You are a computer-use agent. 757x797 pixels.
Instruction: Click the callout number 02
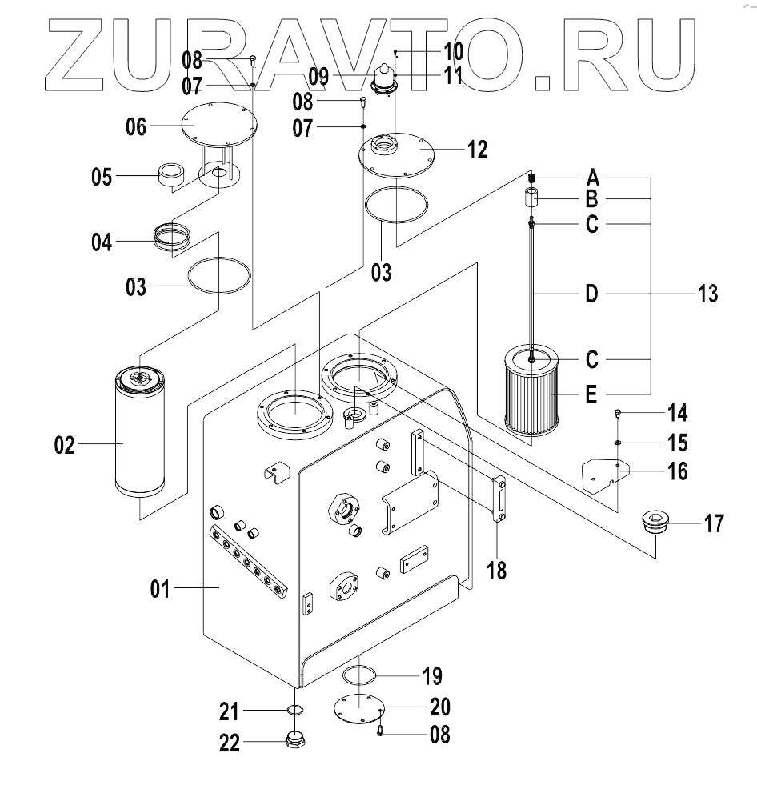tap(64, 445)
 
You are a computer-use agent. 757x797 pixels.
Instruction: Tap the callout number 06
tap(136, 126)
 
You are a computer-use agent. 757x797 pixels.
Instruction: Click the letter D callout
tap(591, 294)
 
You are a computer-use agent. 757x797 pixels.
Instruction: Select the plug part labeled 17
tap(655, 527)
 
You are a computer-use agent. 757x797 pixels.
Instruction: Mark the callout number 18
tap(498, 571)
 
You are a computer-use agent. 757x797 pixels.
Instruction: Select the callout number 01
tap(161, 591)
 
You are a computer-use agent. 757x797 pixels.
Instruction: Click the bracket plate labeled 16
tap(603, 473)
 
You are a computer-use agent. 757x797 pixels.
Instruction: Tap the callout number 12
tap(477, 150)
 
